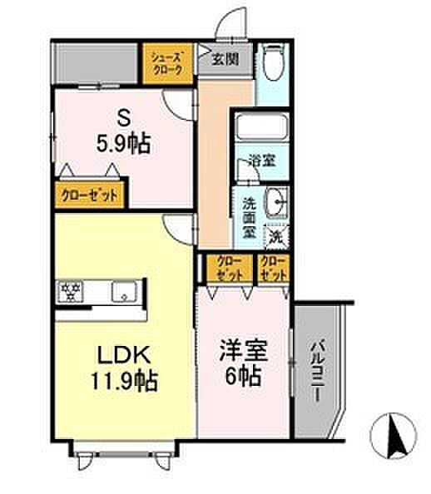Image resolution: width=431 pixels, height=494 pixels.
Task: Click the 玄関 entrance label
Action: tap(223, 59)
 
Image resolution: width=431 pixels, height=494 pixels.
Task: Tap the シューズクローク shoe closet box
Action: tap(170, 64)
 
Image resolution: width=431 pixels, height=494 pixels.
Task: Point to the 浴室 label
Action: tap(265, 163)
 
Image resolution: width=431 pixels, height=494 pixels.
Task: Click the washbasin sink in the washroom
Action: tap(276, 202)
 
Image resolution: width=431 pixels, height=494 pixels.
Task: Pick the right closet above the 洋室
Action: tap(272, 268)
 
